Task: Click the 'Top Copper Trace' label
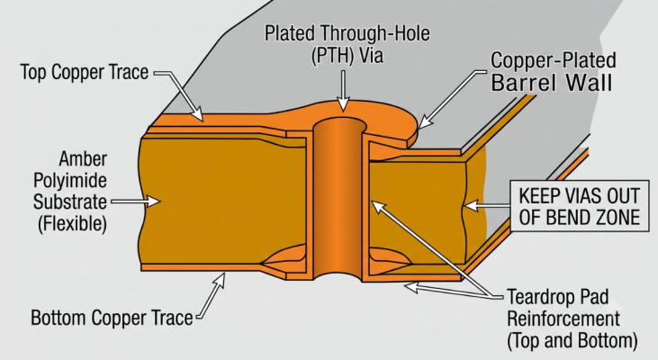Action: point(85,72)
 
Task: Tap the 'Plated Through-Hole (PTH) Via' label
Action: point(347,44)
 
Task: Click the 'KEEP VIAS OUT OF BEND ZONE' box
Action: point(580,206)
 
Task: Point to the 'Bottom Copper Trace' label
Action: point(112,318)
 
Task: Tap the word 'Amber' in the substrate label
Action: point(83,159)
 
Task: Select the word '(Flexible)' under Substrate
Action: point(72,223)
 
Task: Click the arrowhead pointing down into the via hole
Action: point(343,105)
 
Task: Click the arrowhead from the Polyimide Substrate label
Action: point(154,202)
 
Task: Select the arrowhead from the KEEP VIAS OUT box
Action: point(471,205)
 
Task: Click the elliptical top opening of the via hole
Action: point(340,124)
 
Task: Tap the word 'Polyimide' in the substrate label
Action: point(70,181)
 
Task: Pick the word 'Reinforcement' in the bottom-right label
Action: point(563,319)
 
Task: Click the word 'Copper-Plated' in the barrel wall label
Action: point(554,60)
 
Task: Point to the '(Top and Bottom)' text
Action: point(572,341)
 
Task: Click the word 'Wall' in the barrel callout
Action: point(590,82)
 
